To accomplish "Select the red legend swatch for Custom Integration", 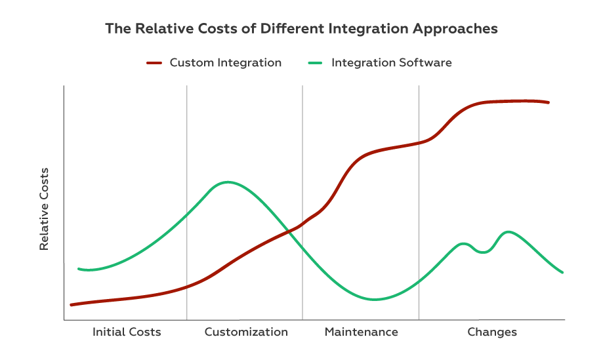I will [154, 63].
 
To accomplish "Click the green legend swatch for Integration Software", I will [316, 63].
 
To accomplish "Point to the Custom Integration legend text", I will [225, 63].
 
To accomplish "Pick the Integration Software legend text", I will [391, 63].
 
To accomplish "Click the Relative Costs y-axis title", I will [45, 209].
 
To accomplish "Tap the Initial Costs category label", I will [127, 332].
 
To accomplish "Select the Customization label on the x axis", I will [246, 332].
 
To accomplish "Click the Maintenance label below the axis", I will [361, 332].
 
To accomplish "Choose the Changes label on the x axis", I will [492, 332].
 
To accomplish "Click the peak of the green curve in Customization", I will [228, 182].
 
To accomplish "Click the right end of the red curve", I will [548, 102].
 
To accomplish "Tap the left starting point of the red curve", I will [72, 304].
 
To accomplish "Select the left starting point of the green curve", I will [79, 269].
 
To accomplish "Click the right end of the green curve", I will [562, 272].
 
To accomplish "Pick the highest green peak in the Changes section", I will [508, 231].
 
